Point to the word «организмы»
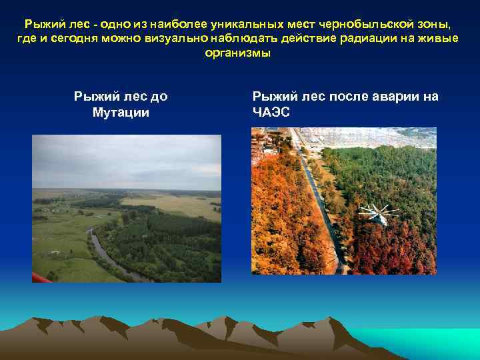[x=240, y=53]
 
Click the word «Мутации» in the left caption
[x=121, y=112]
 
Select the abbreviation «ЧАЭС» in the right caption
[x=271, y=112]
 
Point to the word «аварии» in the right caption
[x=380, y=97]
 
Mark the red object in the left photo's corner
[x=39, y=277]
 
